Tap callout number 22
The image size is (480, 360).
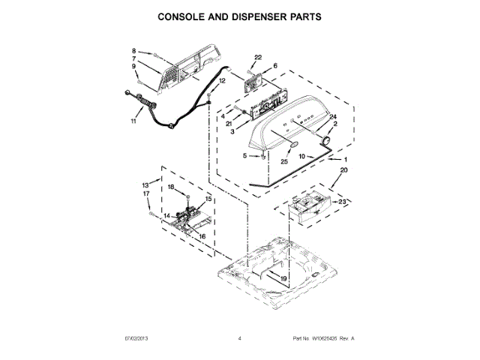[259, 57]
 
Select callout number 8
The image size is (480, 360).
[135, 49]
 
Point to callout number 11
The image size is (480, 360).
[133, 120]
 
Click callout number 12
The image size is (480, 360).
[222, 80]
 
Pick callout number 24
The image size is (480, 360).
[334, 116]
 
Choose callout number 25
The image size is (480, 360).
[284, 160]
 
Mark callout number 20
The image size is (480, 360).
[344, 171]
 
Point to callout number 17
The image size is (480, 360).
[146, 193]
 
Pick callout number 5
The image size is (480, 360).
[244, 156]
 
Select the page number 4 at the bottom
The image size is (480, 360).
[239, 339]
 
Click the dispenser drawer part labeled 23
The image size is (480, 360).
[306, 208]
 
